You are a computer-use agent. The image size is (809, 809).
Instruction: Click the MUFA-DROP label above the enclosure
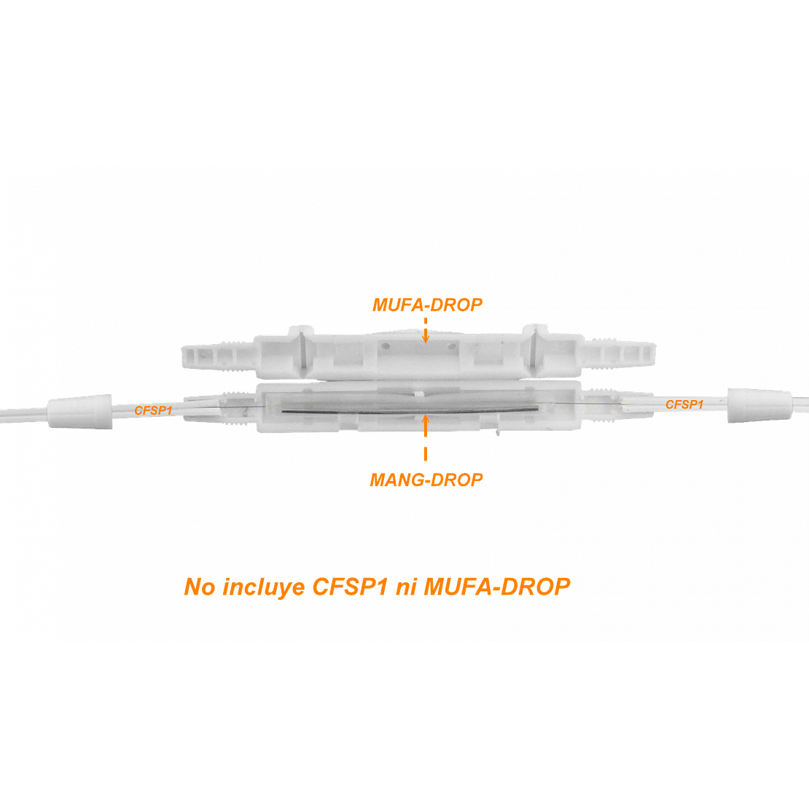[x=427, y=305]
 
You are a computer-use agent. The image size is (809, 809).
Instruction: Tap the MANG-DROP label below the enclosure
[x=426, y=480]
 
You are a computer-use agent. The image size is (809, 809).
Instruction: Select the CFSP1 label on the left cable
[x=153, y=410]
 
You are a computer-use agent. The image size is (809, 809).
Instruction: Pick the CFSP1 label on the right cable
[x=684, y=404]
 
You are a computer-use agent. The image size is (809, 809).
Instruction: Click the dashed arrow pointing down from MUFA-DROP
[x=426, y=330]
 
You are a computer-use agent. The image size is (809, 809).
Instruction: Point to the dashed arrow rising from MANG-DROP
[x=426, y=437]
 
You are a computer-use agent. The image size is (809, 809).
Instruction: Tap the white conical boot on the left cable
[x=80, y=412]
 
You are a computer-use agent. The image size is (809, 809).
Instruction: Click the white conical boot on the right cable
[x=759, y=405]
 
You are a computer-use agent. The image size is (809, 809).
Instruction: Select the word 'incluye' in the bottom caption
[x=263, y=587]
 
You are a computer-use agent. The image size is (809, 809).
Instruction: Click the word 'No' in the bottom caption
[x=200, y=587]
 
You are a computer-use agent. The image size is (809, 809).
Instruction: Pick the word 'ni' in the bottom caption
[x=405, y=587]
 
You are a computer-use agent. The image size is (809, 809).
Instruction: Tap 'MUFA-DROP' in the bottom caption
[x=497, y=587]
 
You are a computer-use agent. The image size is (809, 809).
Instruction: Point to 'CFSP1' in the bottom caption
[x=350, y=587]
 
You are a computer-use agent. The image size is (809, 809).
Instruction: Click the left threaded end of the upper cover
[x=217, y=356]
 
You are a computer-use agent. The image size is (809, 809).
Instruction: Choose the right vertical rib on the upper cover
[x=534, y=351]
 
